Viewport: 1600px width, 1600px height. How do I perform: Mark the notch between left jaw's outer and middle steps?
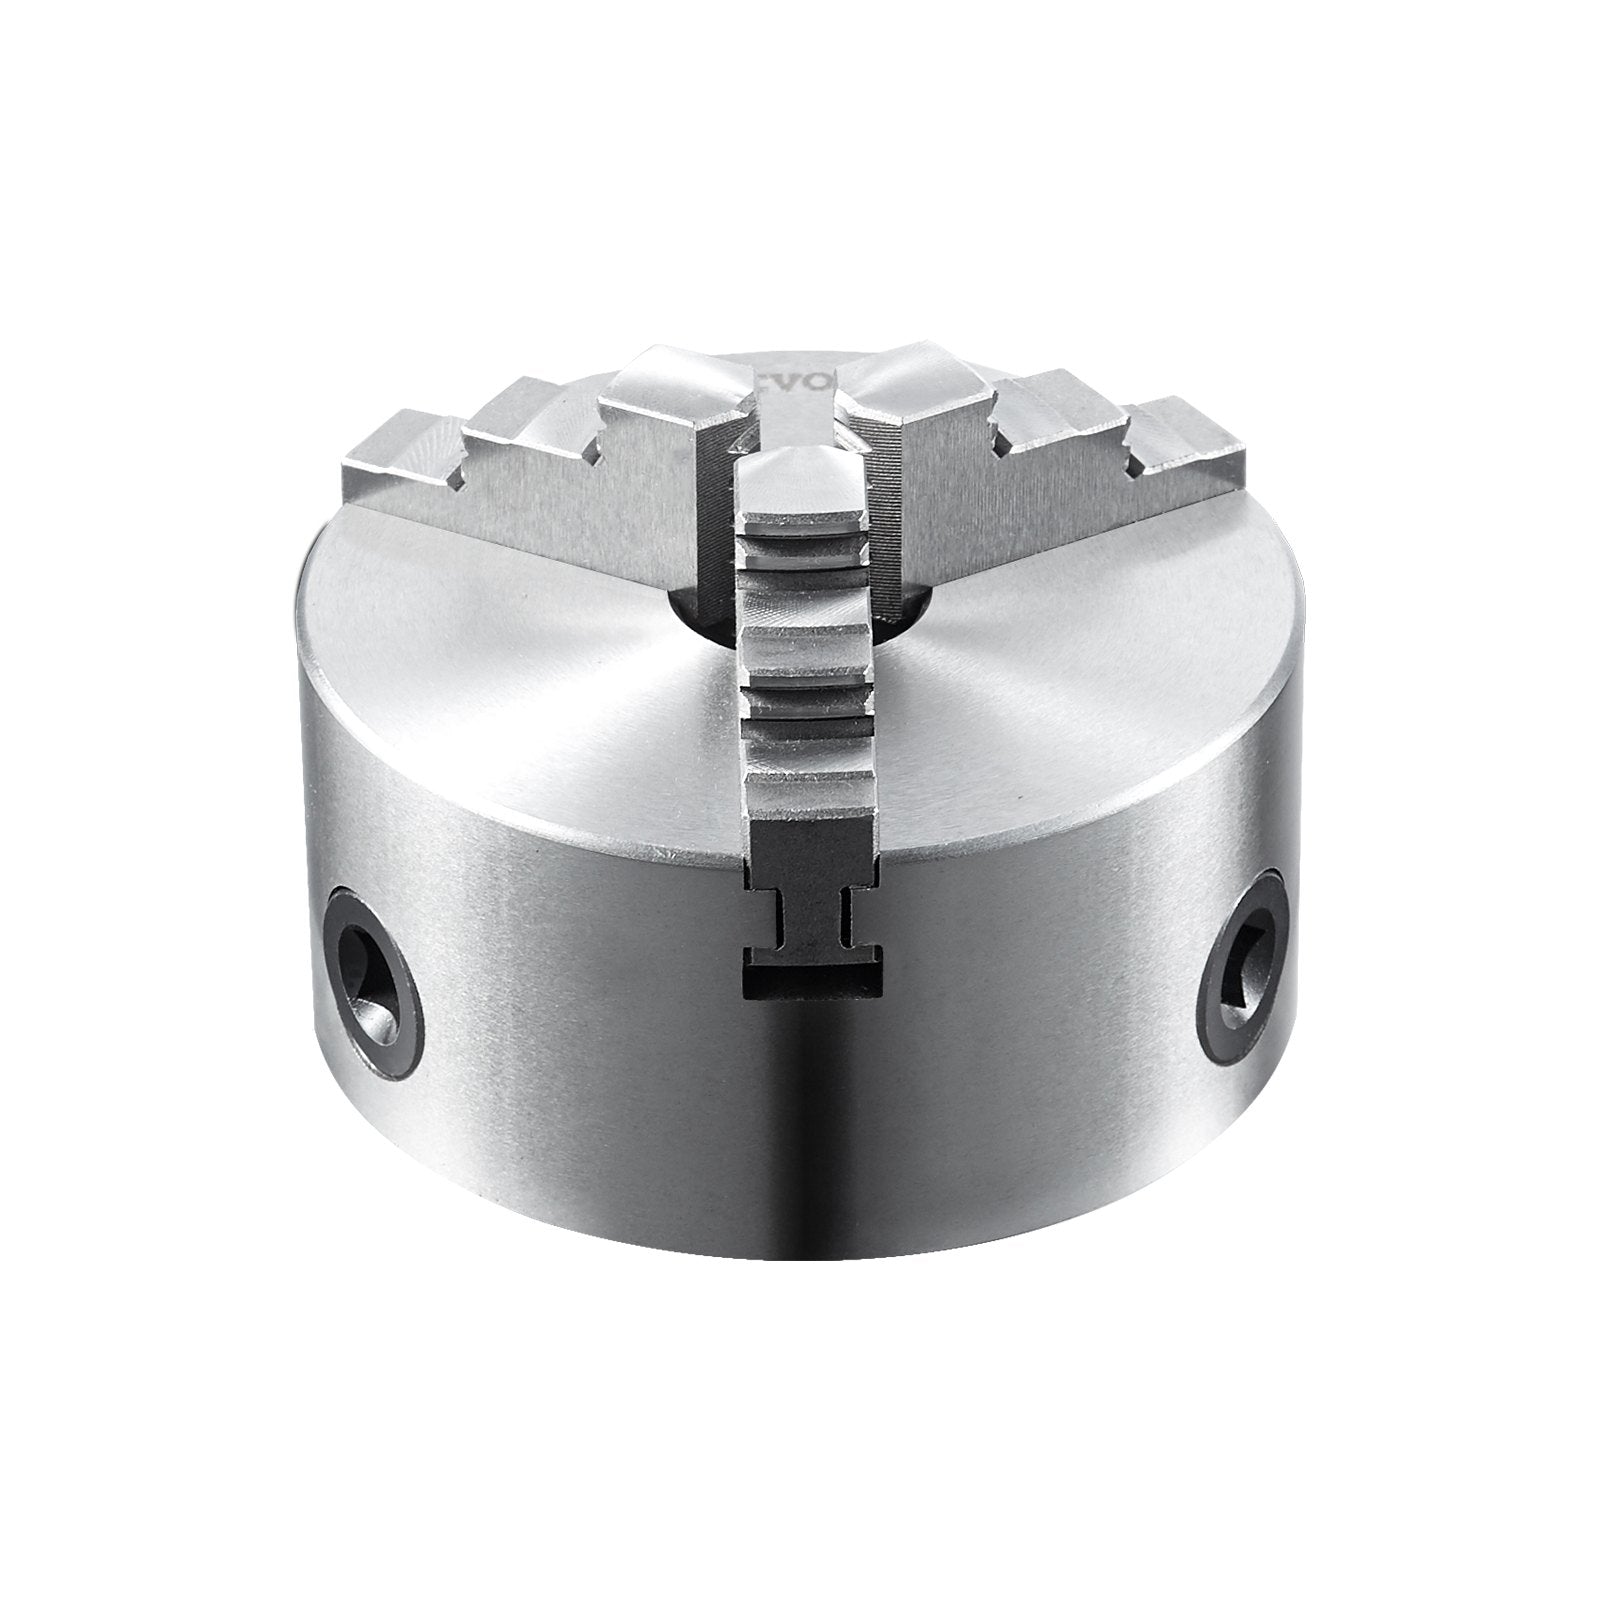point(462,478)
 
